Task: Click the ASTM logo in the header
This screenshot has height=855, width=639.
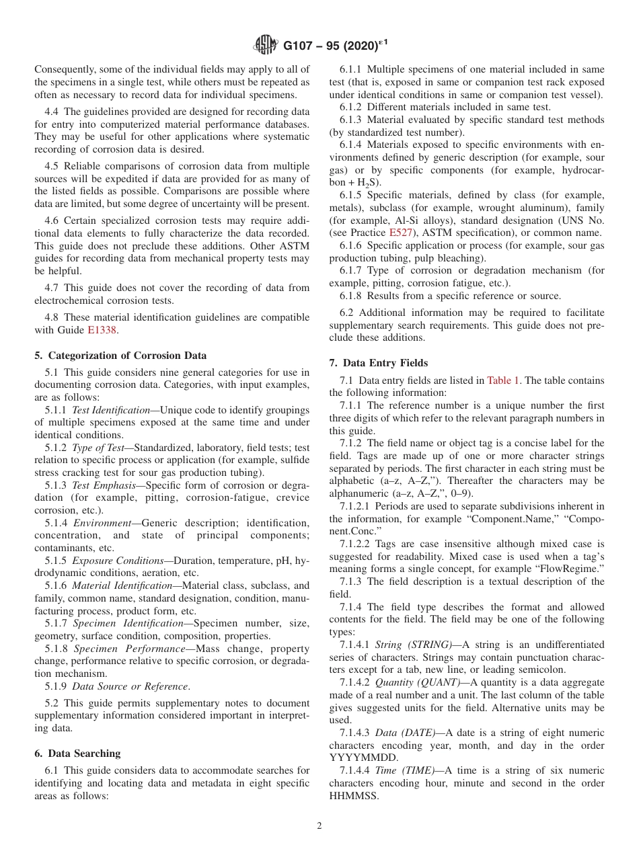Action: [265, 46]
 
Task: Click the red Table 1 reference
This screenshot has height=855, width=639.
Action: [503, 380]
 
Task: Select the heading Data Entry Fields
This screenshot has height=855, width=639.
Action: [383, 363]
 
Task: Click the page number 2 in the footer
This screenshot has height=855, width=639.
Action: [319, 826]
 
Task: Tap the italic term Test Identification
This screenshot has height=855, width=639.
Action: [111, 410]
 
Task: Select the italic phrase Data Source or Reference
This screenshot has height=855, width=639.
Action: [130, 686]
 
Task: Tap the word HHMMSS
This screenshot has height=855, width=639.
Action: [354, 796]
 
